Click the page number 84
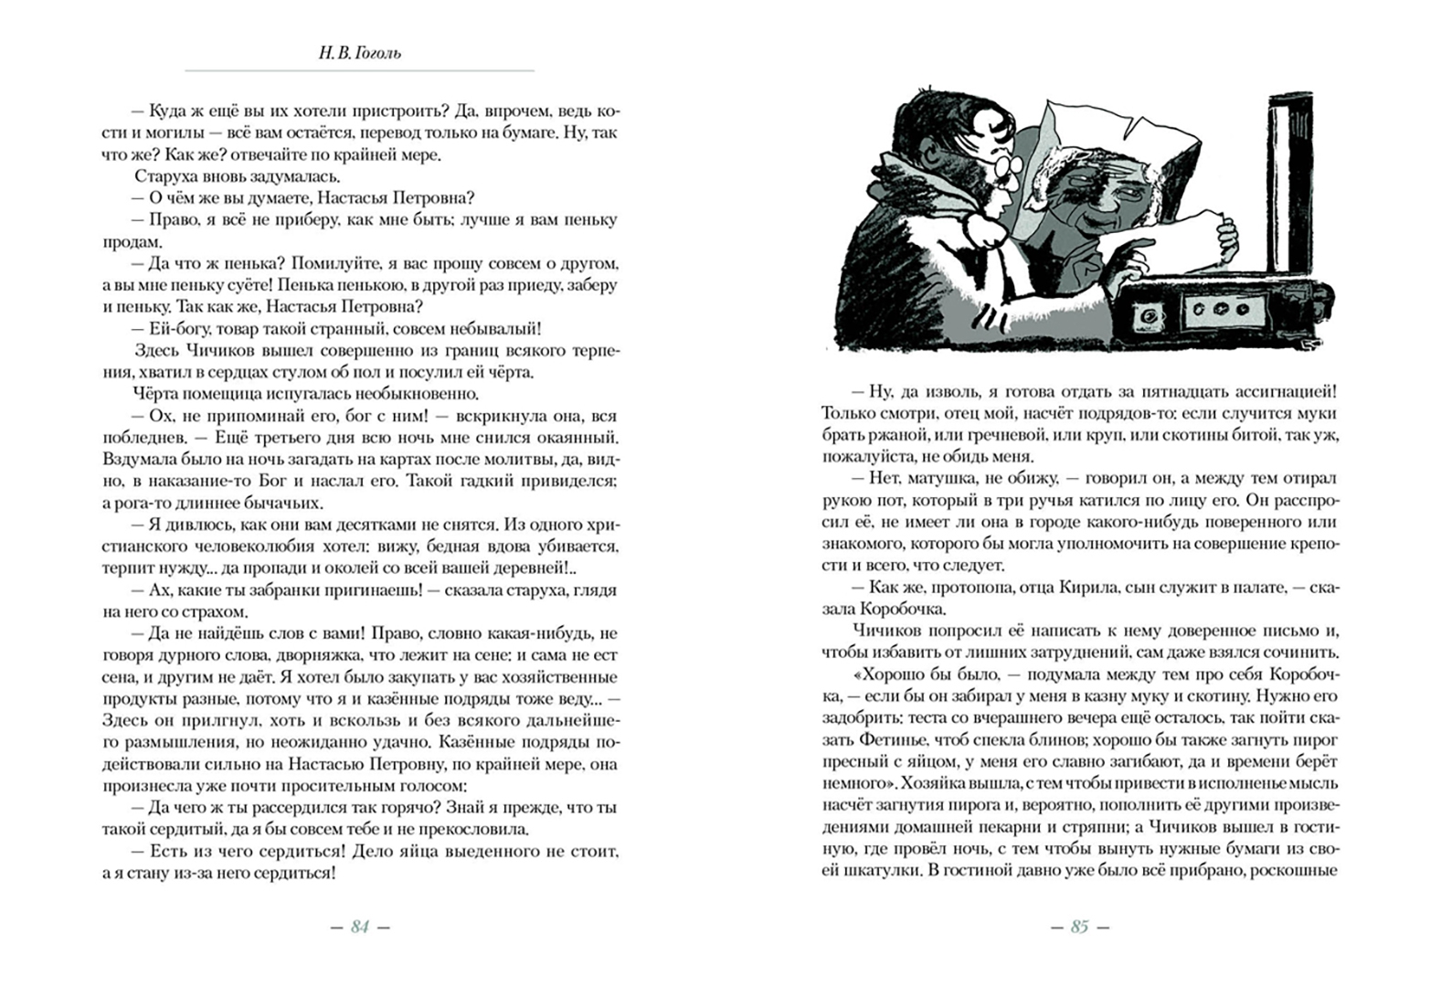360,927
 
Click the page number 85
1080,927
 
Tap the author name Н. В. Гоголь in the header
360,53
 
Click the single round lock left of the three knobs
1145,316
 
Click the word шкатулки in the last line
874,870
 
